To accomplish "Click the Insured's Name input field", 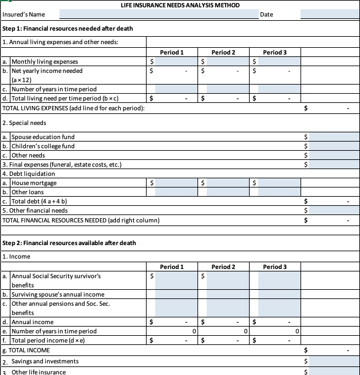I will coord(159,14).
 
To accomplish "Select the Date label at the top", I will coord(267,14).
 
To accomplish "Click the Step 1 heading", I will coord(67,29).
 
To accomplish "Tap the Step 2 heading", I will coord(69,243).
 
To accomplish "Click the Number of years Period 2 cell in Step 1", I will coord(223,89).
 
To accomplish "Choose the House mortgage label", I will coord(34,183).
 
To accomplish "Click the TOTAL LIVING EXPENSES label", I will coord(74,108).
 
